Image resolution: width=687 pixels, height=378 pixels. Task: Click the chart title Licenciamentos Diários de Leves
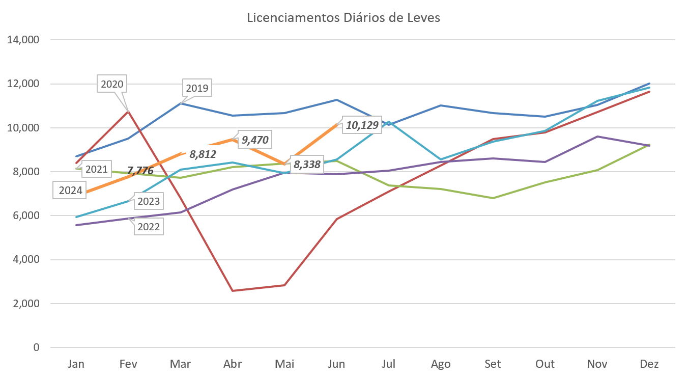(x=343, y=18)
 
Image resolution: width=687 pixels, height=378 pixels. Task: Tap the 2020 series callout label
(x=112, y=84)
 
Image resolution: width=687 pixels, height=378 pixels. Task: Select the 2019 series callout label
(x=197, y=89)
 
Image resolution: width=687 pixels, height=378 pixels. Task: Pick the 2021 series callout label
(x=96, y=169)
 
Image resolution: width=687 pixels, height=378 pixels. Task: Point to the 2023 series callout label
(x=149, y=201)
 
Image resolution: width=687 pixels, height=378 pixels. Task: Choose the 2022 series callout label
(x=149, y=227)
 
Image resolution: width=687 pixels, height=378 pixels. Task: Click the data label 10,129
(x=362, y=125)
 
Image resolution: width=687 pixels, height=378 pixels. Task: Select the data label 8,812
(x=200, y=154)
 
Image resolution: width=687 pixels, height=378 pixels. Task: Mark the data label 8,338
(x=307, y=165)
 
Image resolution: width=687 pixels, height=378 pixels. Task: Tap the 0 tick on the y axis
(x=36, y=347)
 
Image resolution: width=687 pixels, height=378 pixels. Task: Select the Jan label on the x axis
(x=76, y=364)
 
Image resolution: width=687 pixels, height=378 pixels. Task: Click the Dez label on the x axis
(x=650, y=364)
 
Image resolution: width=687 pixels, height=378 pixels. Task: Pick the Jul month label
(x=388, y=364)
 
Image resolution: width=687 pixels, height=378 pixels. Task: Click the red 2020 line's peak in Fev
(x=128, y=111)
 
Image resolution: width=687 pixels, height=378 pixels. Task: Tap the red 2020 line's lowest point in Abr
(x=233, y=291)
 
